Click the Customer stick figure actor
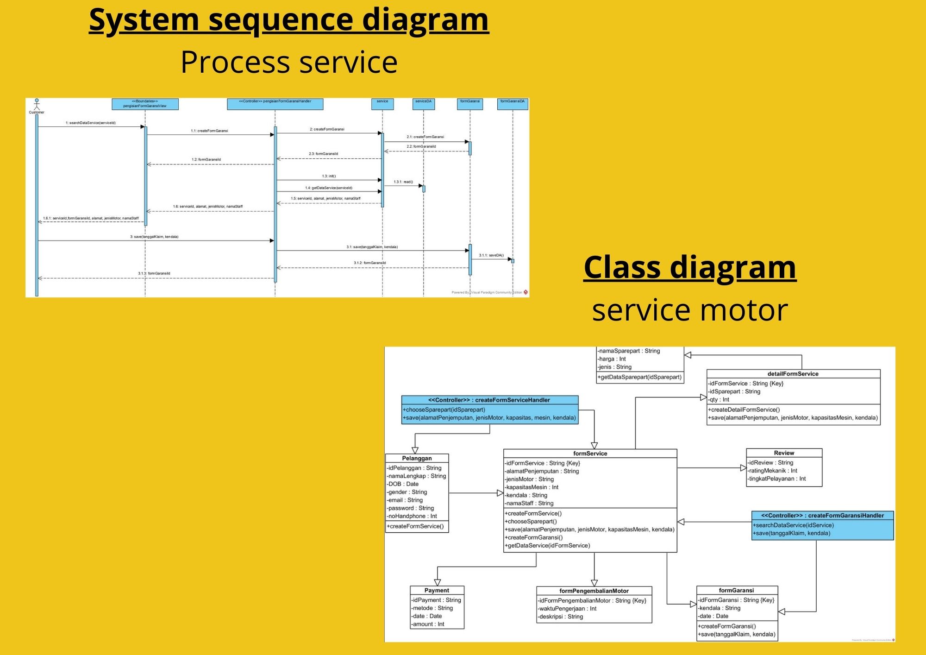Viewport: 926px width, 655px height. tap(37, 105)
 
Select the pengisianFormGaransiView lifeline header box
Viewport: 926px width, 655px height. tap(145, 104)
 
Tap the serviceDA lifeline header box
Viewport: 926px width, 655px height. tap(423, 103)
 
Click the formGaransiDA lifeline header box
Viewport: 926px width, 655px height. tap(512, 103)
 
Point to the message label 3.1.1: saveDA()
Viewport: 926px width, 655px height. tap(491, 255)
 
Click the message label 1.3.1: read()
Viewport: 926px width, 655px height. tap(403, 182)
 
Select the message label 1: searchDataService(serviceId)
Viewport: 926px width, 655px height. tap(91, 123)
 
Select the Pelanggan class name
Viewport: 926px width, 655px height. tap(417, 458)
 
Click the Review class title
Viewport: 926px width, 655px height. tap(784, 453)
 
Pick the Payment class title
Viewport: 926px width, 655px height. tap(437, 590)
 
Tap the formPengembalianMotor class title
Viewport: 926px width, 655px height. tap(594, 591)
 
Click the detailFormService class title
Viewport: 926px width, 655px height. tap(793, 374)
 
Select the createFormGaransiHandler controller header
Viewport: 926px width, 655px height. tap(822, 515)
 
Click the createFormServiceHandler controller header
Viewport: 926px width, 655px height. tap(489, 400)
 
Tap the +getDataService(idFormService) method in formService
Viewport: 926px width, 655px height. tap(548, 546)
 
